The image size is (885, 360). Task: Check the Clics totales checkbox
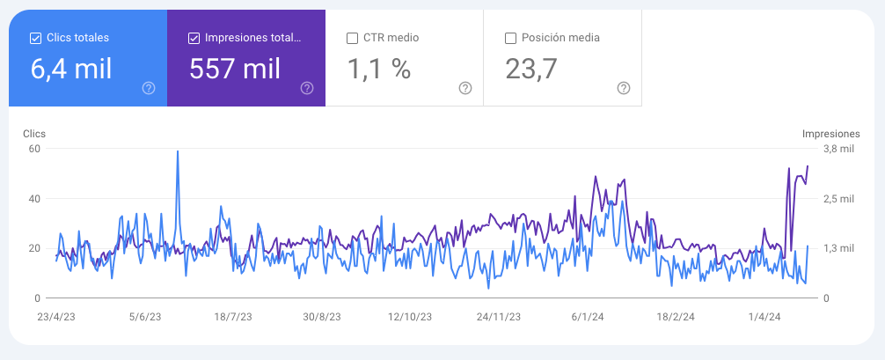click(x=36, y=38)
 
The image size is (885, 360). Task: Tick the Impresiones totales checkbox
click(x=194, y=38)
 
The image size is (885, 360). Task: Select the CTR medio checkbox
click(x=353, y=38)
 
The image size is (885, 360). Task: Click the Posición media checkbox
click(x=511, y=38)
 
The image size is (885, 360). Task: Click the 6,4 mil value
click(x=71, y=69)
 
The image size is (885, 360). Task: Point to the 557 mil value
click(x=235, y=69)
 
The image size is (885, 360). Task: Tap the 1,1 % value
click(x=379, y=69)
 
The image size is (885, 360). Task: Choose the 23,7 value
click(x=531, y=69)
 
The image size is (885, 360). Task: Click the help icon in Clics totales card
click(x=149, y=88)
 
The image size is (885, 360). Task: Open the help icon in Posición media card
click(x=624, y=88)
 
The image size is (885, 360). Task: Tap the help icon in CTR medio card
click(x=465, y=88)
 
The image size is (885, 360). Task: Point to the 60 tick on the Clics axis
click(x=35, y=149)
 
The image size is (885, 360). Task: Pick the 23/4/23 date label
click(x=55, y=316)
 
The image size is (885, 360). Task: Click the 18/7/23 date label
click(x=234, y=316)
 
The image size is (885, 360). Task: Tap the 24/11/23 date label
click(x=499, y=316)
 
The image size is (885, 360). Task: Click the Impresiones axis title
click(x=830, y=134)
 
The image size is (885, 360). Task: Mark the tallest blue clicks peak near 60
click(x=178, y=151)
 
